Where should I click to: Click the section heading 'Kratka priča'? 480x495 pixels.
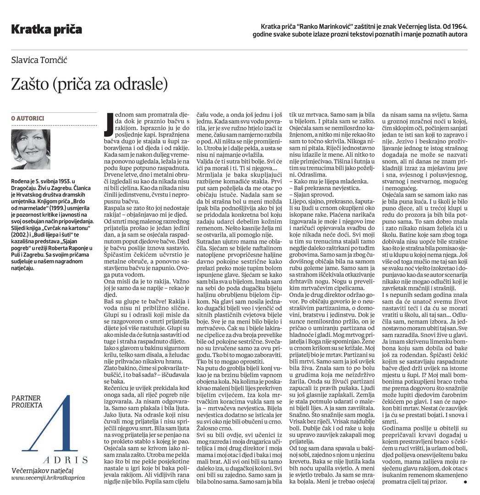[46, 30]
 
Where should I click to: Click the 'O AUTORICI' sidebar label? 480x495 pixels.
[28, 118]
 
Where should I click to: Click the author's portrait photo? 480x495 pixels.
[31, 149]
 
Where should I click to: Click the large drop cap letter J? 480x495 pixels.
[108, 124]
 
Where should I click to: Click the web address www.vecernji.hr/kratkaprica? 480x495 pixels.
[48, 478]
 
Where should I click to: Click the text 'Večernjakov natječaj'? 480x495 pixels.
[42, 470]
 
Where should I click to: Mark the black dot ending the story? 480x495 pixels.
[465, 482]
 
